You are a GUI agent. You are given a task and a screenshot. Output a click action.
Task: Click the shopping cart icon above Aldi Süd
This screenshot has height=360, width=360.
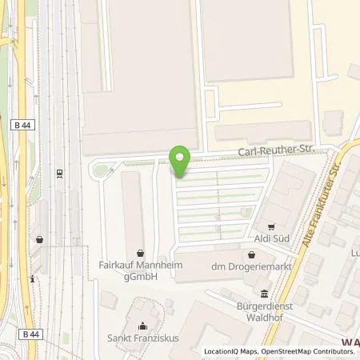270,227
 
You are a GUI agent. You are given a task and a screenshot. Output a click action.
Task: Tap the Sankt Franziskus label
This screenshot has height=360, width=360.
142,338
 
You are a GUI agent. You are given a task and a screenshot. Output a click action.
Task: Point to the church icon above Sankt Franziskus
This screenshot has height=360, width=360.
142,325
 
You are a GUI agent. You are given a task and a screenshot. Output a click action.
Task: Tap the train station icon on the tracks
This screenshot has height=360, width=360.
60,172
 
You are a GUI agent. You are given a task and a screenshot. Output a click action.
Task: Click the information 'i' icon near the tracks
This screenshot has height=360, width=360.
32,279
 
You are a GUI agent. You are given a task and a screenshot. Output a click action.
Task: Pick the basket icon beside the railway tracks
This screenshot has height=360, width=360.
39,238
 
